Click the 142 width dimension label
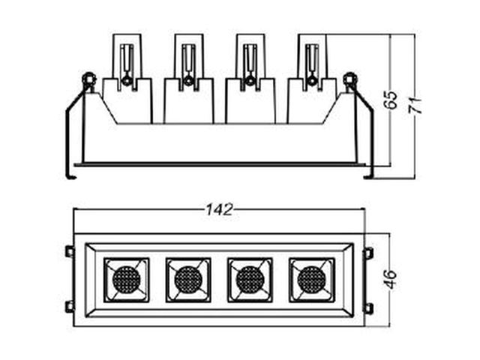point(219,210)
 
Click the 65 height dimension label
point(391,100)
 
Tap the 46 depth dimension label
point(391,280)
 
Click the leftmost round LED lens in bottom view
point(127,280)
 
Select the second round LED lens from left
point(188,280)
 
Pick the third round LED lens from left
point(250,280)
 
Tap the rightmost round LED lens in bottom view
point(312,280)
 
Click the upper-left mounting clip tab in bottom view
point(70,252)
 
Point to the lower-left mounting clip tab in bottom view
point(70,307)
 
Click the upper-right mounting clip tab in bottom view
point(368,253)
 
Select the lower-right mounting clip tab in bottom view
point(368,308)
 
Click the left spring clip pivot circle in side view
point(89,79)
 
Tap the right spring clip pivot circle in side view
point(350,79)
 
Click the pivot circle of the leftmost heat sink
point(126,81)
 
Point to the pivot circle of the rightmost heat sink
point(312,81)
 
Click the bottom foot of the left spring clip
point(70,177)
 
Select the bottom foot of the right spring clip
point(369,177)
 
